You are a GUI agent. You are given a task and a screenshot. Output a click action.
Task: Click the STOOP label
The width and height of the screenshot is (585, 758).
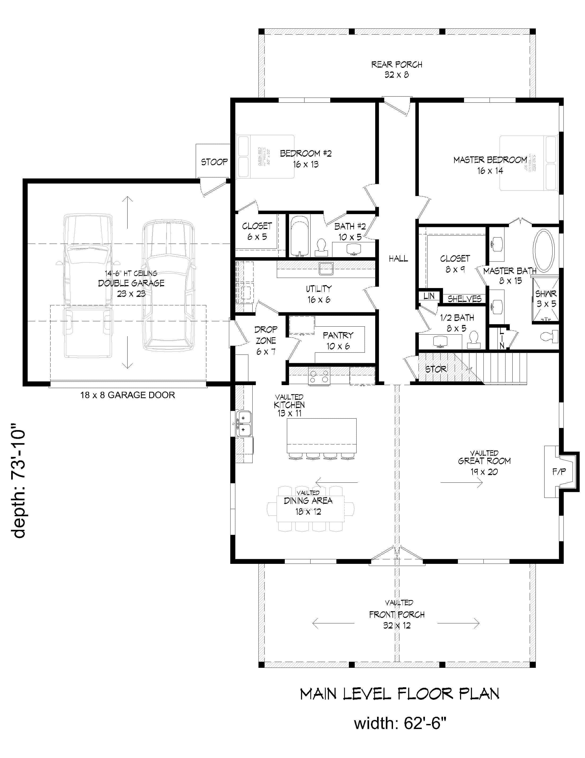[x=214, y=162]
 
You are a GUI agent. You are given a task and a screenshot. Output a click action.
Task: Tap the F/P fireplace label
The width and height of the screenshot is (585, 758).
[x=559, y=471]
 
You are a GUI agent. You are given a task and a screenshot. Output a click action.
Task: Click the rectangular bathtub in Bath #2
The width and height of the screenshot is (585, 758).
[x=299, y=236]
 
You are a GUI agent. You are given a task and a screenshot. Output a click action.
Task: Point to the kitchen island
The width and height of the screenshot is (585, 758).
[x=321, y=436]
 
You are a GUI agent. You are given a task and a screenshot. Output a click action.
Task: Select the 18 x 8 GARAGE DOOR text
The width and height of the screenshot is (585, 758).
[x=128, y=395]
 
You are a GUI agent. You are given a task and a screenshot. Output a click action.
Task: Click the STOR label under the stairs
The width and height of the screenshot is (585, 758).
[x=436, y=369]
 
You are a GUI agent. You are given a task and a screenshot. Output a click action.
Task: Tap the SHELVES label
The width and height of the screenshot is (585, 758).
[x=464, y=299]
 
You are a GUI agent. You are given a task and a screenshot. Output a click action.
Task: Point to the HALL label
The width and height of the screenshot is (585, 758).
[x=398, y=258]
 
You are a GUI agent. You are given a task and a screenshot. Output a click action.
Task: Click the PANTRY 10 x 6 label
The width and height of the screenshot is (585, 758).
[x=338, y=340]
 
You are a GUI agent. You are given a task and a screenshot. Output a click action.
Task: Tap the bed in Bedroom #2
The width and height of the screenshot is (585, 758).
[x=265, y=157]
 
